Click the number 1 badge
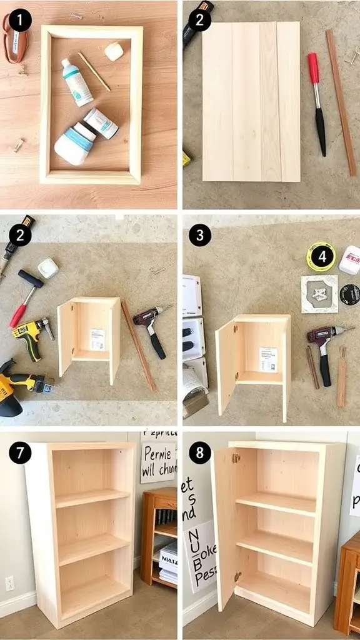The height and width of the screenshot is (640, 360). tap(20, 21)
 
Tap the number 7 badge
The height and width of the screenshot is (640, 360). tap(20, 453)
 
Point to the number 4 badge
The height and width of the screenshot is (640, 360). tap(321, 256)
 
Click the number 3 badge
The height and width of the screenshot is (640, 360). tap(199, 236)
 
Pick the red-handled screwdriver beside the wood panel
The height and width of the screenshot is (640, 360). tap(317, 103)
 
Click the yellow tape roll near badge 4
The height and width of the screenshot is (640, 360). tap(321, 257)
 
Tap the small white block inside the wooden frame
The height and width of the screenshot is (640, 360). tap(114, 51)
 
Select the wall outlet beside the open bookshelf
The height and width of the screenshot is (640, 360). tap(9, 583)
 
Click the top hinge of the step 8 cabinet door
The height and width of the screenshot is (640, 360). tap(236, 458)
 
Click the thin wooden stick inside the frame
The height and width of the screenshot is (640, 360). tap(94, 71)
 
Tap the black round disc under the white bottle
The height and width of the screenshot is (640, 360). tap(349, 294)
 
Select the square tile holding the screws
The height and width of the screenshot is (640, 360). tap(319, 294)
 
